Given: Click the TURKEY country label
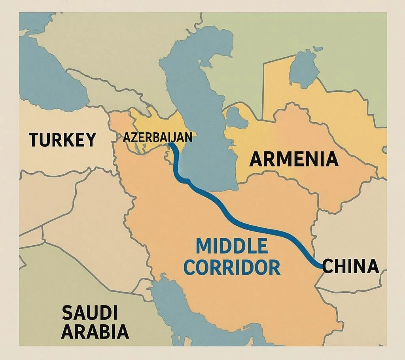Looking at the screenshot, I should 62,140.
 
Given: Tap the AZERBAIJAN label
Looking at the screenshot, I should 157,137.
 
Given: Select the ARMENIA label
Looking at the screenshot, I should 294,159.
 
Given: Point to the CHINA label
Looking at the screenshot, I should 350,266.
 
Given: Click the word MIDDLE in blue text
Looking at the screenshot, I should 232,246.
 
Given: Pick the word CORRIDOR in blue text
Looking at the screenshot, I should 232,267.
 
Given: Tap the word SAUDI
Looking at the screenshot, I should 89,313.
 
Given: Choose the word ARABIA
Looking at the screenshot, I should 95,331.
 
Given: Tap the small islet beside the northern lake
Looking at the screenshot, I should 317,49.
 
